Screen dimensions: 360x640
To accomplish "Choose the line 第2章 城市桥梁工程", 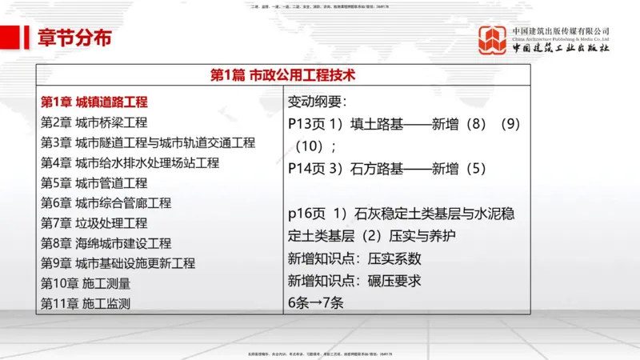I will (94, 122).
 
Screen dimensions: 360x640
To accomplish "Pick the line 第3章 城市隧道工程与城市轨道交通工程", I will (147, 142).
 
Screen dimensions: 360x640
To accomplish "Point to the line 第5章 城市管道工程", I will (94, 183).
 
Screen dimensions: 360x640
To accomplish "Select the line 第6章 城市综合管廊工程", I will (106, 203).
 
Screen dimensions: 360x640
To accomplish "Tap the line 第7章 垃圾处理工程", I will (94, 223).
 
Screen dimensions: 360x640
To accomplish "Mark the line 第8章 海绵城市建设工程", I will (106, 243).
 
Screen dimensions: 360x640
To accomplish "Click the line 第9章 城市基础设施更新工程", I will (118, 263).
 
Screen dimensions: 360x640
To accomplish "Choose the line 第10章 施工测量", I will (85, 283).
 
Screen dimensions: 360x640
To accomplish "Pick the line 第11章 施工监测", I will (85, 303).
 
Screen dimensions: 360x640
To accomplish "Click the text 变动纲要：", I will (318, 102).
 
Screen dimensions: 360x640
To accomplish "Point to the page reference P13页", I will (306, 124).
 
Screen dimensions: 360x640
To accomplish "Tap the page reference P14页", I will (306, 169).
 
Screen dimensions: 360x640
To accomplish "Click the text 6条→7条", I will (315, 303).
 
